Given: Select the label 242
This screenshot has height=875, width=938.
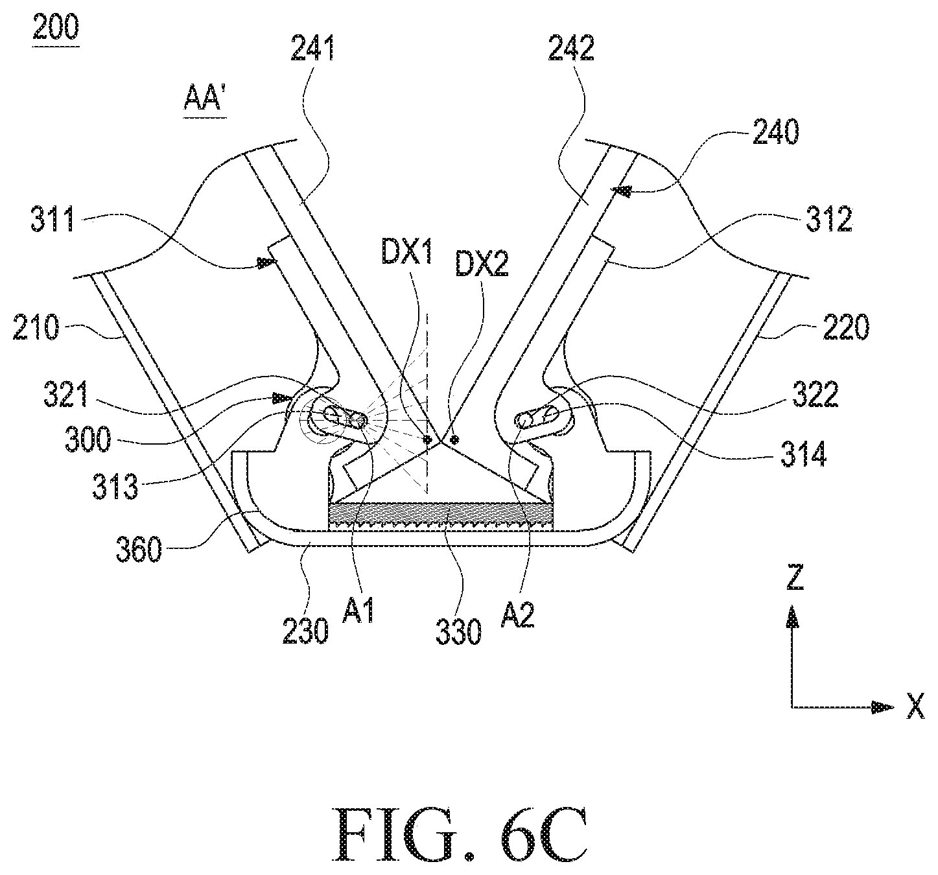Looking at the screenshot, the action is point(571,48).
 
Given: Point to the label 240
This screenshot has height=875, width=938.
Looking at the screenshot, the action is point(776,132).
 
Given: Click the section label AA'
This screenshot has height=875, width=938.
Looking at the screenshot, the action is point(204,99).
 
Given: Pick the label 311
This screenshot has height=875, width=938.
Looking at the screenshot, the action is point(53,219).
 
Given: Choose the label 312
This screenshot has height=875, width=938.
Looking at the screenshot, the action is point(829,219).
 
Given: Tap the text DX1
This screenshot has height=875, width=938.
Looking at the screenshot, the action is point(407,253).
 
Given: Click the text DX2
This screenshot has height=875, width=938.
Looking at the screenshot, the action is point(482,264).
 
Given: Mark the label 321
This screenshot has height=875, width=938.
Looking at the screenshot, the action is point(65,395).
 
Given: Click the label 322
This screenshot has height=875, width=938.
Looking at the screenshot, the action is point(815,395).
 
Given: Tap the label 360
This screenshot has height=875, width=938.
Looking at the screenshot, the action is point(139,549).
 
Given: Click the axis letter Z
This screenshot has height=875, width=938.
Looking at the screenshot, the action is point(795,577).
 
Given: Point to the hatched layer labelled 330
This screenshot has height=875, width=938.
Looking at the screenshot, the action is point(440,516).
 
